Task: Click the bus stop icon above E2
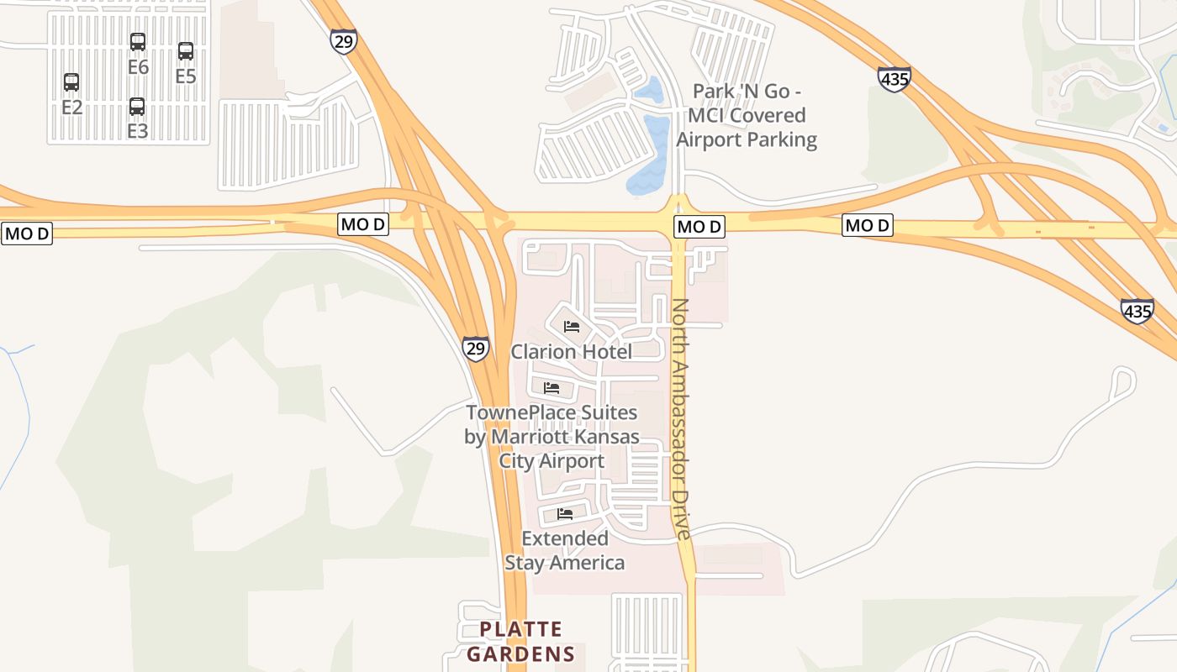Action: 71,82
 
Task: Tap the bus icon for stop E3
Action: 137,107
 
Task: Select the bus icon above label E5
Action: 186,51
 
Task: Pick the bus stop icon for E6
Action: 138,42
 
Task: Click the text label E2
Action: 71,107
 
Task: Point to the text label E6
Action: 138,67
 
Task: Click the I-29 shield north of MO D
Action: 343,41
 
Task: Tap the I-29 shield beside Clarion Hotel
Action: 476,349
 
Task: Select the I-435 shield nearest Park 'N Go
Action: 894,79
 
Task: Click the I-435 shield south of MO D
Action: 1137,311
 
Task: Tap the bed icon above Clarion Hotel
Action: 572,327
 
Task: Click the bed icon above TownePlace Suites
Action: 552,388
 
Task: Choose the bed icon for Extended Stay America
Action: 565,514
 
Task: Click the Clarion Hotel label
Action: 572,351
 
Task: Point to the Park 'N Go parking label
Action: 747,115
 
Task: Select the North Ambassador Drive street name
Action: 680,418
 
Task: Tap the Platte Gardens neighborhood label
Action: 521,641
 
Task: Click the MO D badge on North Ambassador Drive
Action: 699,227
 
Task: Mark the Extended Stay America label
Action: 565,550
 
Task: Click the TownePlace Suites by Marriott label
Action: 552,437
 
